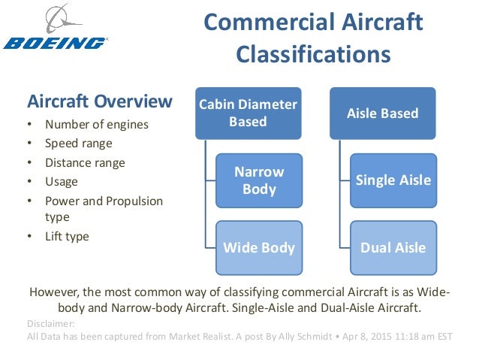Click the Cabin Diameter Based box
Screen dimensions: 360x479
click(x=248, y=113)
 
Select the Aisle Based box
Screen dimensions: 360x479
click(x=382, y=113)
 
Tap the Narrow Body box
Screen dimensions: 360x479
click(x=259, y=180)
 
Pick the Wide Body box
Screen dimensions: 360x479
click(x=259, y=247)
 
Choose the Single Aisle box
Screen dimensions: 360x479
click(x=393, y=180)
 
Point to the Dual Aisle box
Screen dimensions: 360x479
click(x=393, y=247)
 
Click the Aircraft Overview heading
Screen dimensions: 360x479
click(x=99, y=101)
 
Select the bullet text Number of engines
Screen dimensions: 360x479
click(x=97, y=125)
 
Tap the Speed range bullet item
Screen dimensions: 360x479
click(x=79, y=144)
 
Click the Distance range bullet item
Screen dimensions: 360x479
click(x=85, y=162)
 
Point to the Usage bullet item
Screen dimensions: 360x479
click(x=62, y=182)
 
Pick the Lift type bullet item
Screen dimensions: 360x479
click(x=67, y=236)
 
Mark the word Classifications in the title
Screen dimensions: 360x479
click(x=314, y=55)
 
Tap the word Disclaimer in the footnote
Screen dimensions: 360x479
click(x=49, y=324)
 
